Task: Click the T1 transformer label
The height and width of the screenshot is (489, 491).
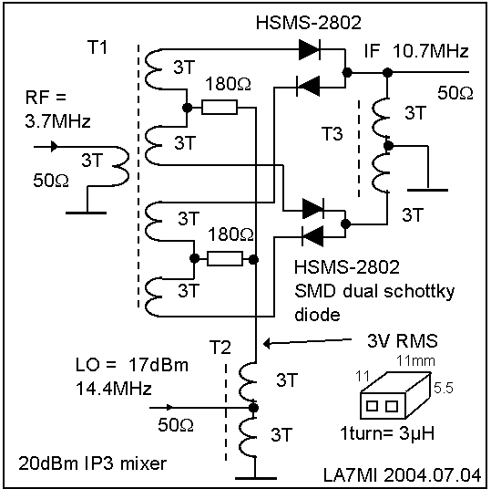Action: (97, 47)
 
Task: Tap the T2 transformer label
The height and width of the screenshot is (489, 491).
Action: (220, 348)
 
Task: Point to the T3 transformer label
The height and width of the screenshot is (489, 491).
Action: (332, 133)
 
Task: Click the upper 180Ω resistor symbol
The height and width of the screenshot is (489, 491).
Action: (220, 108)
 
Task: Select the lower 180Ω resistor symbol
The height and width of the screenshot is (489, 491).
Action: (224, 259)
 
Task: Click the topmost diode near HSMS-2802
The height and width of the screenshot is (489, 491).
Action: (310, 49)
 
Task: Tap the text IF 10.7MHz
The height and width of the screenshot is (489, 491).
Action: (416, 51)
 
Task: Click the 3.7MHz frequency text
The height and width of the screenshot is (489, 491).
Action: (57, 121)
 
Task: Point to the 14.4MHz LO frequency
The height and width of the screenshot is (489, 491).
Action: (114, 389)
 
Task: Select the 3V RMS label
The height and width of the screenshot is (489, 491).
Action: (403, 340)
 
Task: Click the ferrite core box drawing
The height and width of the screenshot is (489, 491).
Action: (395, 395)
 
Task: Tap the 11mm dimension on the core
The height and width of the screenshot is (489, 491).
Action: (415, 361)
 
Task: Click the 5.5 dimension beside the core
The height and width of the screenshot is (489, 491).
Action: (444, 389)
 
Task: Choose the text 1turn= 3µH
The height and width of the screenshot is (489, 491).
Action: (387, 433)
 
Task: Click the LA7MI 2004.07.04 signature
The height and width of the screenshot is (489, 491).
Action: (402, 475)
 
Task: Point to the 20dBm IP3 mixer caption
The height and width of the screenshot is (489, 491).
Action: (93, 463)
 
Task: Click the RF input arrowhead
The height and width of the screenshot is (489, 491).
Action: (54, 147)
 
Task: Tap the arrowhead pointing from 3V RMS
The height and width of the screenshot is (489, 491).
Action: (267, 344)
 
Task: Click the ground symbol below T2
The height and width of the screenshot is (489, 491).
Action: (255, 478)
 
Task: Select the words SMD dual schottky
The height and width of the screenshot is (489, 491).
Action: (374, 292)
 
